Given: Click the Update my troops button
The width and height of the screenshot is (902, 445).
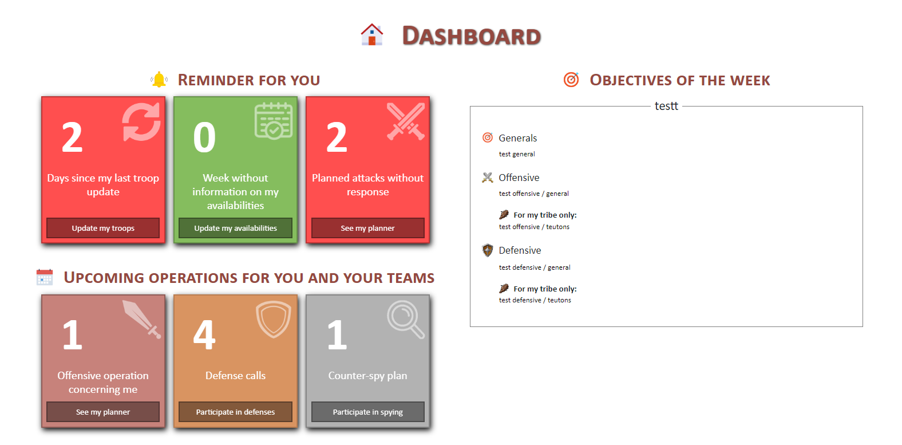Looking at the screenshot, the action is pyautogui.click(x=103, y=228).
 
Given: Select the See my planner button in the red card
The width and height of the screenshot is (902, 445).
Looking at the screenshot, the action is pyautogui.click(x=367, y=228).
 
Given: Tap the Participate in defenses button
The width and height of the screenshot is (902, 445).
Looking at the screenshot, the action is pyautogui.click(x=236, y=412).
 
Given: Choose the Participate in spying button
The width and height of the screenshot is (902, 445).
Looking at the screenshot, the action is pyautogui.click(x=367, y=412).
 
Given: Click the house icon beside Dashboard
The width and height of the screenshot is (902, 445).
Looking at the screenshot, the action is pyautogui.click(x=371, y=35).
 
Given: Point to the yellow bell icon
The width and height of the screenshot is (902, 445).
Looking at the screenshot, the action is pyautogui.click(x=159, y=80).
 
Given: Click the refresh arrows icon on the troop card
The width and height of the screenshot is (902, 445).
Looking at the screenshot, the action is pyautogui.click(x=141, y=122).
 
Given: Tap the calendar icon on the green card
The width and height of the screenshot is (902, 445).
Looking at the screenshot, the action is pyautogui.click(x=274, y=121).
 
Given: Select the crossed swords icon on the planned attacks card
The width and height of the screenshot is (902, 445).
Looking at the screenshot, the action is pyautogui.click(x=406, y=121).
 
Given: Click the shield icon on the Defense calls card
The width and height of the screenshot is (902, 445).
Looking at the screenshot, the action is pyautogui.click(x=274, y=319).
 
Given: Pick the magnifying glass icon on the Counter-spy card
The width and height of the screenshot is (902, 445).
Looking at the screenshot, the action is pyautogui.click(x=406, y=320).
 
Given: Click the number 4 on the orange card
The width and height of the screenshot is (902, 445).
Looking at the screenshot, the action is pyautogui.click(x=204, y=334).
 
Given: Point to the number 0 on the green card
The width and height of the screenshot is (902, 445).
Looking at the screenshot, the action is pyautogui.click(x=204, y=137).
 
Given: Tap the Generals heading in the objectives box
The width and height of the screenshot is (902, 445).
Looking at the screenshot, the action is pyautogui.click(x=517, y=138).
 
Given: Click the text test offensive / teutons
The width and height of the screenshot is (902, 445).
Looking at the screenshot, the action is pyautogui.click(x=534, y=227).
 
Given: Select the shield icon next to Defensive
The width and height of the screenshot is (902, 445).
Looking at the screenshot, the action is pyautogui.click(x=488, y=250).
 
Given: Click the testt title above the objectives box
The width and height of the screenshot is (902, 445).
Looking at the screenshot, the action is pyautogui.click(x=666, y=106).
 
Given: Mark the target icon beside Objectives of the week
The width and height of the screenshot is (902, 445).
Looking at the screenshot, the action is pyautogui.click(x=571, y=80).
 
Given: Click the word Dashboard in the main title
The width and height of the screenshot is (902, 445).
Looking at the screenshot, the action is pyautogui.click(x=471, y=36).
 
